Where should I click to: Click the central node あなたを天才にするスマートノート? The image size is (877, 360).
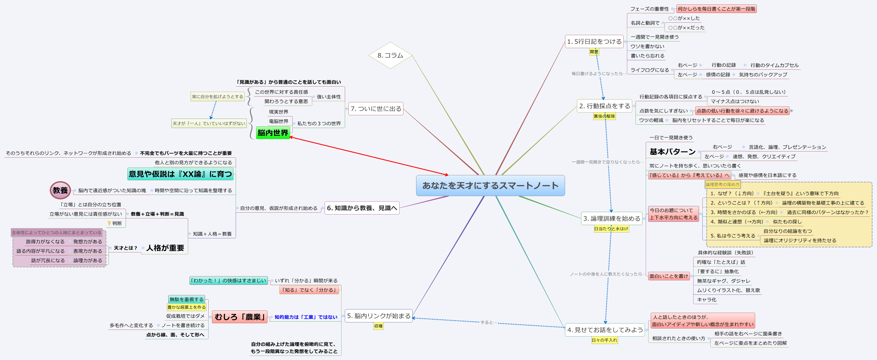click(x=490, y=186)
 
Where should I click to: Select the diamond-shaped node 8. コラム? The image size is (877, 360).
click(x=390, y=55)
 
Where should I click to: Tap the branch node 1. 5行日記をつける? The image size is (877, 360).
click(x=594, y=41)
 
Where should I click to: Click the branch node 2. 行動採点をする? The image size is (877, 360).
click(x=604, y=106)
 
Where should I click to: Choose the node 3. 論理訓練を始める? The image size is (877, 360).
click(x=611, y=218)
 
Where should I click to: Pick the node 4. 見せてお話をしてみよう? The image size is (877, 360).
click(x=605, y=330)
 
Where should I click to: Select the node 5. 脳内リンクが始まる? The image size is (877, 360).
click(x=379, y=316)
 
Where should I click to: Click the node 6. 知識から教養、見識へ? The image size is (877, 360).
click(x=362, y=208)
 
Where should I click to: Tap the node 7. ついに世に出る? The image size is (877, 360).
click(x=376, y=109)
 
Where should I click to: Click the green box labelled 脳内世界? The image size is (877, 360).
click(x=273, y=132)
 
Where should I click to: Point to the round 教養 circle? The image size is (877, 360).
click(x=60, y=190)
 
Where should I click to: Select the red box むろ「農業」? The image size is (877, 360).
click(x=240, y=317)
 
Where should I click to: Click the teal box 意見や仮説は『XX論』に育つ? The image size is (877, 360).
click(x=180, y=174)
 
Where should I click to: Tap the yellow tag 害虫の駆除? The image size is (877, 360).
click(x=604, y=116)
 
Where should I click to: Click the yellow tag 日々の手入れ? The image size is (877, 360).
click(x=604, y=340)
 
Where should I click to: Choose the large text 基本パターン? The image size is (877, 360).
click(x=672, y=152)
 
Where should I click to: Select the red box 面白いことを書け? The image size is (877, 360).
click(x=669, y=276)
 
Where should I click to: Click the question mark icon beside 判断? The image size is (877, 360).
click(x=109, y=223)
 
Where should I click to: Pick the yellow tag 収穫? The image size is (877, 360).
click(x=378, y=326)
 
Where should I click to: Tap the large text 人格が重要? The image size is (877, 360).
click(x=165, y=248)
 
